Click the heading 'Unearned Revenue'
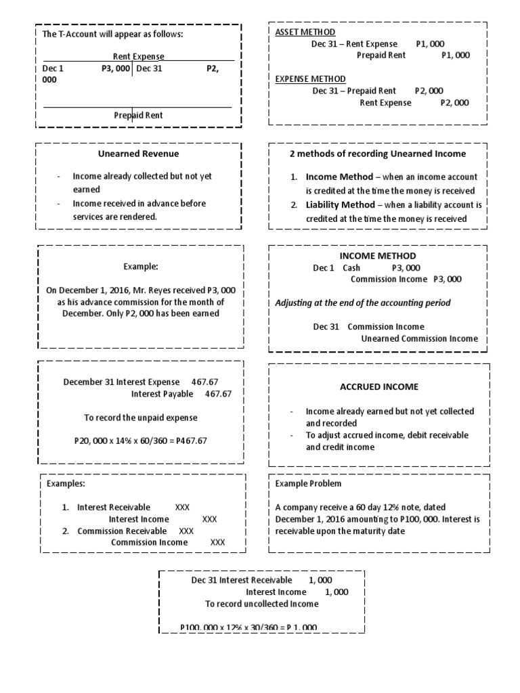138,154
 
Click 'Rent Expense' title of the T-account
138,57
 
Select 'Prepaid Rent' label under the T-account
138,115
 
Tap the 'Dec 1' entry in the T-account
53,68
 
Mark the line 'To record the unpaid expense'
140,418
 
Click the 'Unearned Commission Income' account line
419,338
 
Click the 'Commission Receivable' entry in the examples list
122,531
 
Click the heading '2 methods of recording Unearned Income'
378,154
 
